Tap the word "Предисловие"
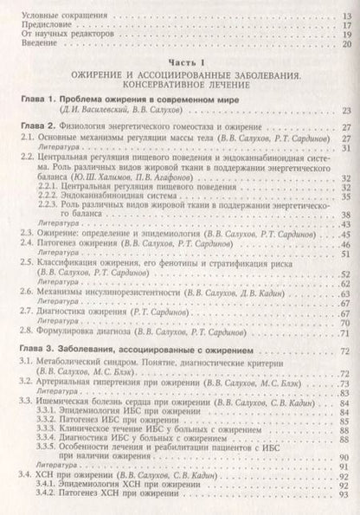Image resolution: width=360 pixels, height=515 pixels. (40, 27)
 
